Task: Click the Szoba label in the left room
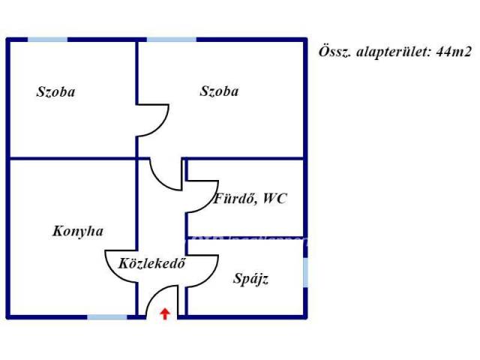tap(55, 91)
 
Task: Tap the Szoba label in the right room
tap(219, 91)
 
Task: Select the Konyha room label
tap(78, 231)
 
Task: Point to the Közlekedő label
tap(151, 263)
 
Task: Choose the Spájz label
tap(251, 279)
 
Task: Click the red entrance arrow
tap(165, 313)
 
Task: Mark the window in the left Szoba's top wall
tap(48, 40)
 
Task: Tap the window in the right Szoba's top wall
tap(172, 40)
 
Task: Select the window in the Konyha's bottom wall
tap(107, 316)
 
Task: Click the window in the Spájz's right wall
tap(305, 272)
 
